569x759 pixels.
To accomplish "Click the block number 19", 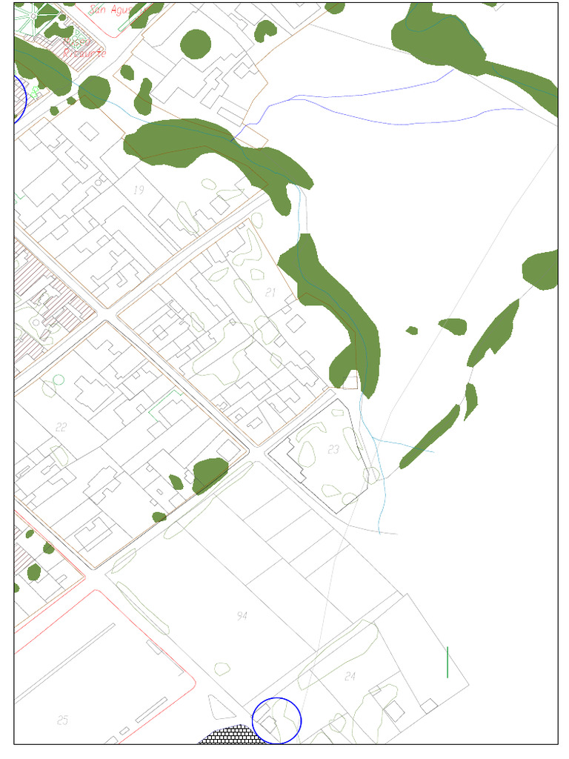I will (139, 190).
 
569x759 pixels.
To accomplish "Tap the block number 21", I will (270, 293).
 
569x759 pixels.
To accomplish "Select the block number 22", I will (61, 427).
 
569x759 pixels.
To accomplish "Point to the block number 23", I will (333, 449).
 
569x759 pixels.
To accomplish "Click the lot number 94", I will (242, 616).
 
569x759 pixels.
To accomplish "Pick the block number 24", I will (350, 676).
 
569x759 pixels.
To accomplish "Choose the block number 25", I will (63, 720).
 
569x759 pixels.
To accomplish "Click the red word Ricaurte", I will (85, 53).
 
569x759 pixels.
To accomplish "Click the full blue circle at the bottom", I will (276, 720).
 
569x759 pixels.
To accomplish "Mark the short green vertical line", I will (447, 662).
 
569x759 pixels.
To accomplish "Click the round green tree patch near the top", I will (196, 44).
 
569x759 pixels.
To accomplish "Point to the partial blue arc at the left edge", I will (21, 99).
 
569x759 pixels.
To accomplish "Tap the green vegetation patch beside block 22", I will (210, 474).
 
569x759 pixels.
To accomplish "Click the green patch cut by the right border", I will (542, 270).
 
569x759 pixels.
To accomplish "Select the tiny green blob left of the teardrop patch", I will (412, 330).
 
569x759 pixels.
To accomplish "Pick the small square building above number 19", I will (90, 130).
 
